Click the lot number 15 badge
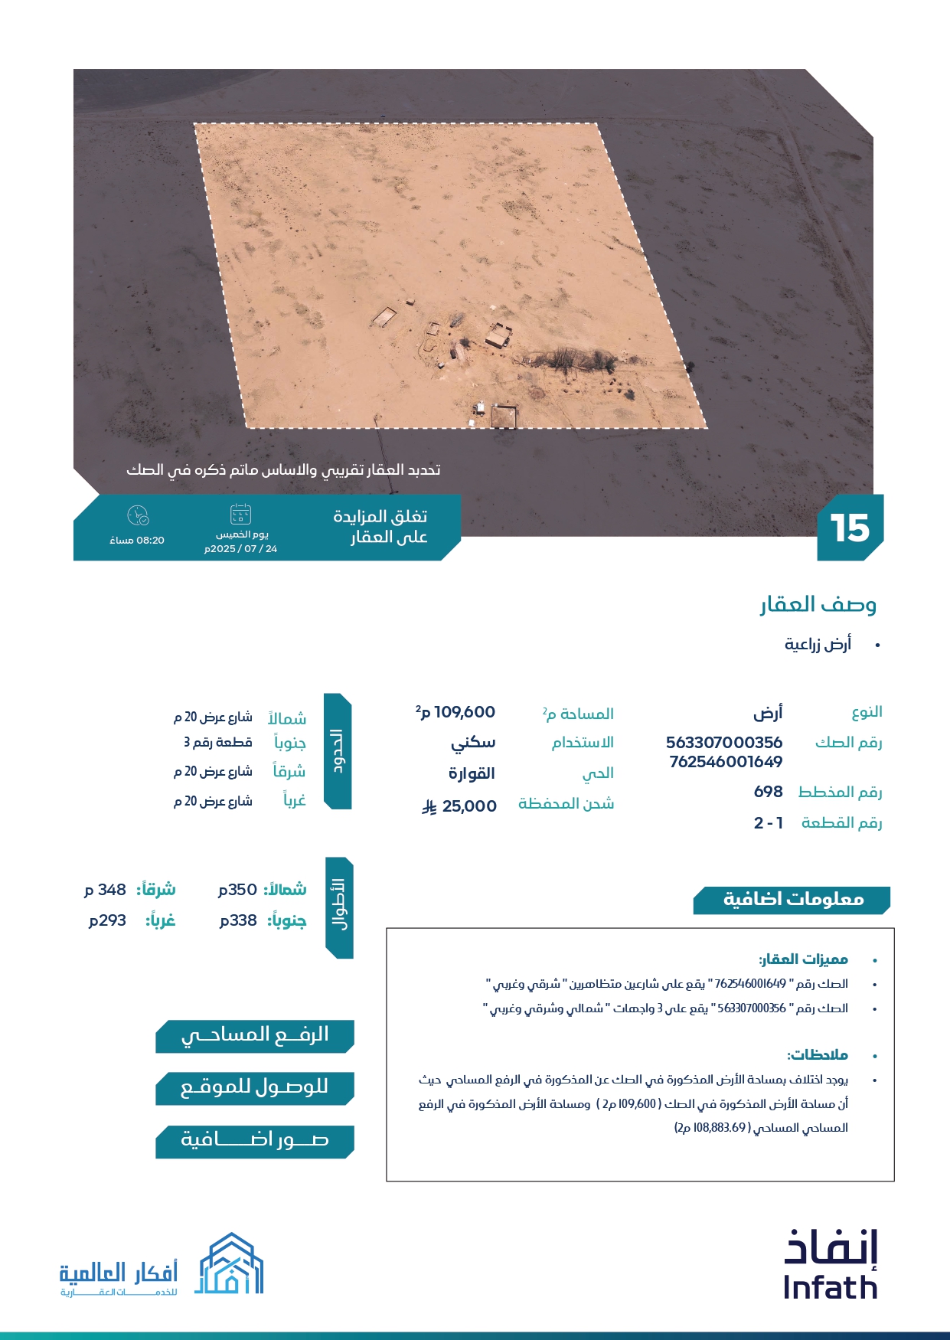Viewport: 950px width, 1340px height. (850, 528)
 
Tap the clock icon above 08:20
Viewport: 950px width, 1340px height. (138, 515)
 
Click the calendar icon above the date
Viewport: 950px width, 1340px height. (240, 514)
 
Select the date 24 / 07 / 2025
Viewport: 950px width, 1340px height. (241, 549)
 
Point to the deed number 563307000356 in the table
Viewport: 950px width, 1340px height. (724, 743)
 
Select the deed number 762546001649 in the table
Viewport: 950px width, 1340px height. (726, 762)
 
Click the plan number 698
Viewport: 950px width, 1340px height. (768, 792)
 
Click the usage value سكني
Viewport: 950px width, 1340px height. (473, 743)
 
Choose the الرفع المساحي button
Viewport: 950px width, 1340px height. (254, 1036)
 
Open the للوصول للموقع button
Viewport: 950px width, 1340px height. (254, 1088)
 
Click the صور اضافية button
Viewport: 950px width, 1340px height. (254, 1141)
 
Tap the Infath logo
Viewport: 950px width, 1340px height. (831, 1265)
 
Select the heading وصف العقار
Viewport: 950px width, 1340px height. (818, 605)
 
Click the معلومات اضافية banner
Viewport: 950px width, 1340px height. (792, 900)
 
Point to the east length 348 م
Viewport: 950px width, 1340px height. (106, 890)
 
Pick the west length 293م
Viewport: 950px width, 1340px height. (108, 920)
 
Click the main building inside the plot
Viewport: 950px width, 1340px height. (498, 335)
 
